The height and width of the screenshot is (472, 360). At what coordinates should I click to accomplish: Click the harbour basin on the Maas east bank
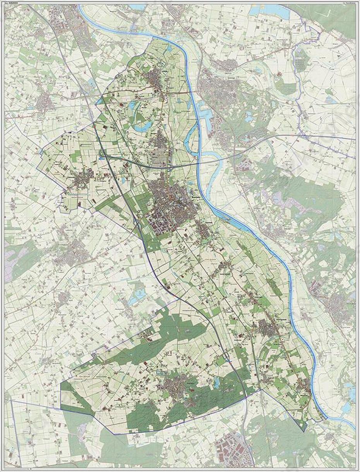(x=205, y=116)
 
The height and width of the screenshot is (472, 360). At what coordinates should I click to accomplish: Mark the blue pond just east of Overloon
(x=216, y=383)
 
